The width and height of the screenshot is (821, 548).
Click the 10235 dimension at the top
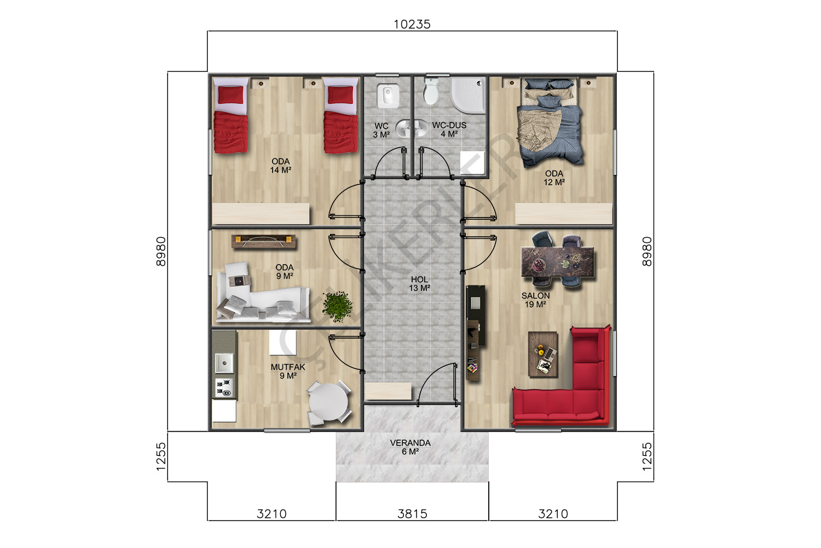tap(412, 24)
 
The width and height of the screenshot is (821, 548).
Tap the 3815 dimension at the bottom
tap(412, 514)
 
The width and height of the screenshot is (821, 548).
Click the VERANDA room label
tap(410, 443)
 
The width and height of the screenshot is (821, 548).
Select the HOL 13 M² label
tap(420, 284)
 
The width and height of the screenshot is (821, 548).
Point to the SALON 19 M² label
tap(535, 300)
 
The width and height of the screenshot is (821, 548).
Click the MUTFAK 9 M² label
tap(288, 371)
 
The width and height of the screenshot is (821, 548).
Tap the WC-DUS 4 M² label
tap(449, 129)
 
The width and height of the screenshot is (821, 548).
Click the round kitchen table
tap(328, 402)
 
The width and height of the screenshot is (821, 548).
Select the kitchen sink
tap(224, 363)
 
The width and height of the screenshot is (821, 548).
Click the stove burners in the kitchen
tap(224, 387)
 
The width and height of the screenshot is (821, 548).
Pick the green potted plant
tap(337, 306)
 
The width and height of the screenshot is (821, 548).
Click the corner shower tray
tap(467, 95)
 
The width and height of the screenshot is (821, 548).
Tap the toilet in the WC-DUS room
tap(431, 90)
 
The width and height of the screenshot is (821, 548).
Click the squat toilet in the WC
tap(388, 95)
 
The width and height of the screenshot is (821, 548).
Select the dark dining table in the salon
tap(558, 261)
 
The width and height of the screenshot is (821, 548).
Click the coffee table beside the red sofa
tap(543, 354)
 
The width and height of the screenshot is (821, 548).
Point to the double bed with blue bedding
tap(550, 122)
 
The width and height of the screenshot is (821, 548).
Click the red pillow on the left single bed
tap(230, 95)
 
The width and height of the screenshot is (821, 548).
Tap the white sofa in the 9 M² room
tap(262, 294)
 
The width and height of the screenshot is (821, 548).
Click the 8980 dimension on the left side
tap(161, 252)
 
